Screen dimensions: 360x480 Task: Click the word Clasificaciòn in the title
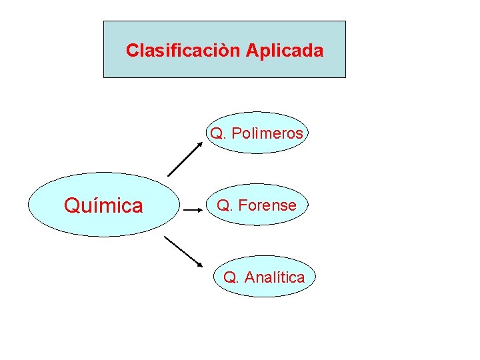pos(183,50)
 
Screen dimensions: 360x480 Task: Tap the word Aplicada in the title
pos(285,50)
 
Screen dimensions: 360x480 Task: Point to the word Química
pos(103,206)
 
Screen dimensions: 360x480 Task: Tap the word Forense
pos(267,205)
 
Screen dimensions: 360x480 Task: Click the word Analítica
pos(274,277)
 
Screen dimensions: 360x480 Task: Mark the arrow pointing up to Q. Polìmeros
pos(185,159)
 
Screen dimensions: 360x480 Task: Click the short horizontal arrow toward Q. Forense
pos(193,210)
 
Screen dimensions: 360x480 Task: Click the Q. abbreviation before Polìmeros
pos(218,133)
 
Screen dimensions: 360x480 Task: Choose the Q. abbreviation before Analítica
pos(231,277)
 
